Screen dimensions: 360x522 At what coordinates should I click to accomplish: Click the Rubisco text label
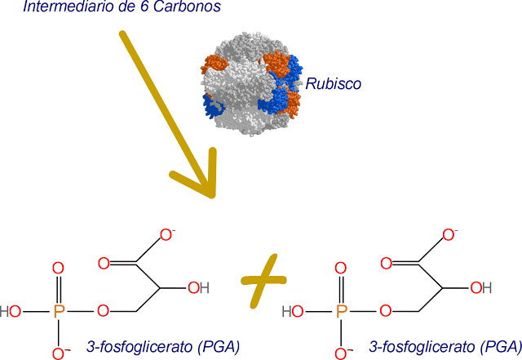pos(334,84)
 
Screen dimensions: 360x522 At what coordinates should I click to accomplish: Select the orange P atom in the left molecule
pos(58,311)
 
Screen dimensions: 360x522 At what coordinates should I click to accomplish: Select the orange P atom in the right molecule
pos(342,311)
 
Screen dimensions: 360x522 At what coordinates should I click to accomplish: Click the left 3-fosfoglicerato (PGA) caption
pos(162,347)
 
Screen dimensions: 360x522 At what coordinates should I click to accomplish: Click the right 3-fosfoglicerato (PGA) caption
pos(445,347)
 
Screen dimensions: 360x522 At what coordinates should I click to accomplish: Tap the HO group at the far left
pos(11,311)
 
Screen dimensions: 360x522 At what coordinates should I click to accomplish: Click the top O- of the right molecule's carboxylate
pos(449,235)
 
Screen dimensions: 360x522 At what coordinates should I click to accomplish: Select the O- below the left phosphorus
pos(60,353)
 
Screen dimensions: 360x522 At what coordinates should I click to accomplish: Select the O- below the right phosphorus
pos(343,353)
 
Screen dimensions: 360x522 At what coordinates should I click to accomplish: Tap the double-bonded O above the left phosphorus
pos(58,268)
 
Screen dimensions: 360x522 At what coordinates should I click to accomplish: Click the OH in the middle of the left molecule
pos(198,287)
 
